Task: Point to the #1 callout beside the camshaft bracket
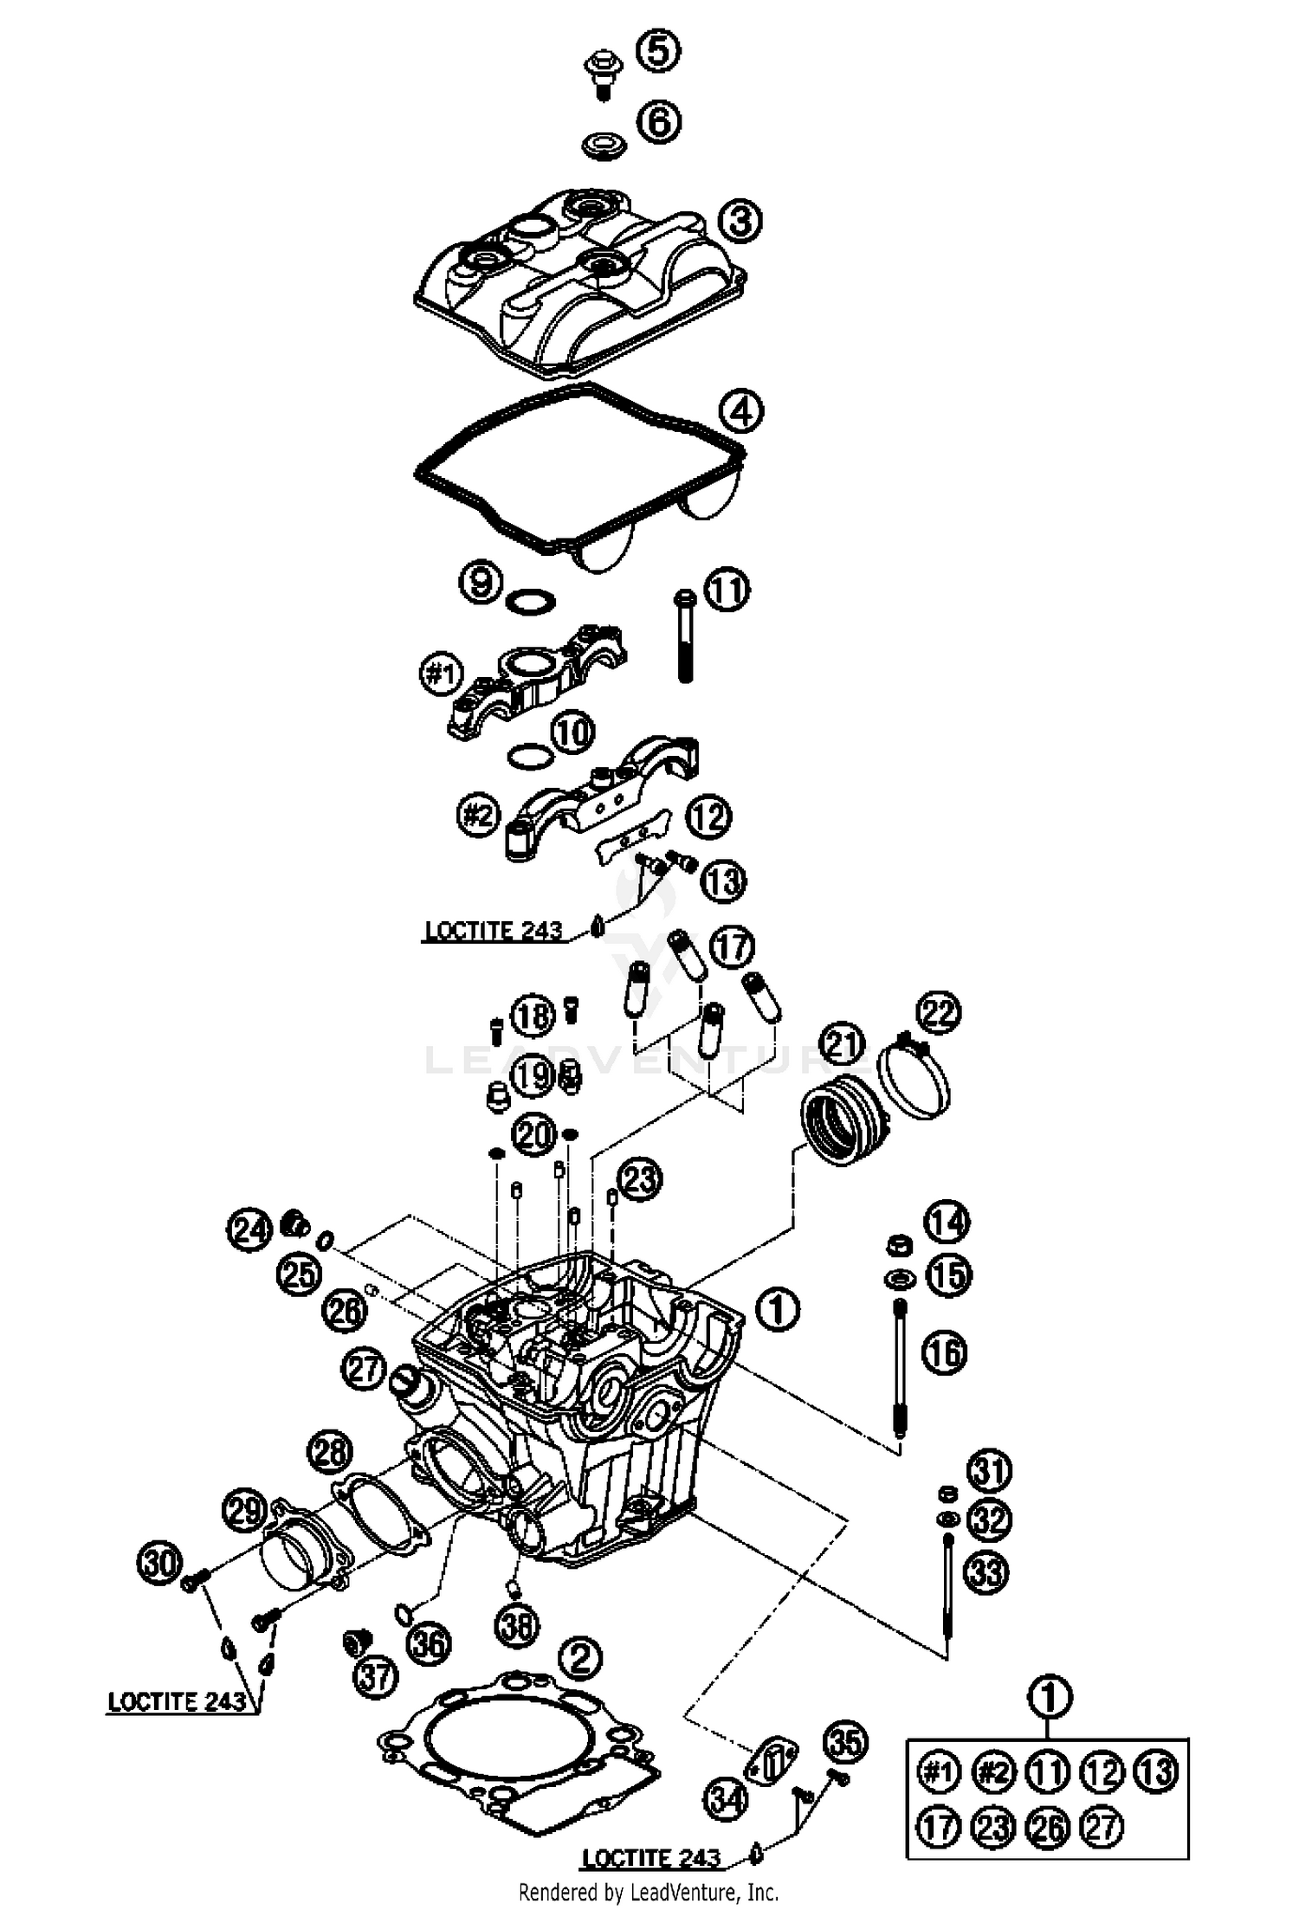tap(442, 674)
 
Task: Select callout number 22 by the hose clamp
tap(940, 1012)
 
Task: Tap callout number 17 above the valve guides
tap(732, 946)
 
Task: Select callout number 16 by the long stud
tap(945, 1352)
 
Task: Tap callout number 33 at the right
tap(986, 1572)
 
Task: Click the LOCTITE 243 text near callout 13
tap(494, 932)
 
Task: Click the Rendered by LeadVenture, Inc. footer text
tap(648, 1891)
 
